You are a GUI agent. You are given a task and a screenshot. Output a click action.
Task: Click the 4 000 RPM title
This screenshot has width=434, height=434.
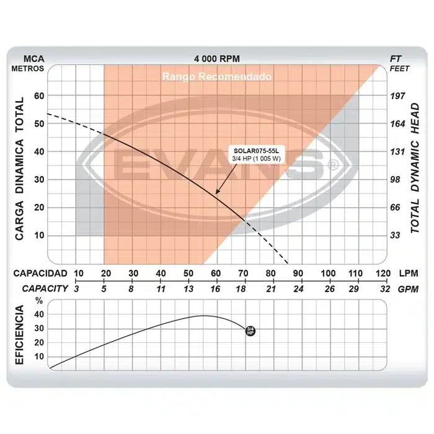(x=217, y=58)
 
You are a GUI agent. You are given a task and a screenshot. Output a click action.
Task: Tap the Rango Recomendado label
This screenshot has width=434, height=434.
(x=217, y=77)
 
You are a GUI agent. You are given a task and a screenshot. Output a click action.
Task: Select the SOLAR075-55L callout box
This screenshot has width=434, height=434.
(x=255, y=154)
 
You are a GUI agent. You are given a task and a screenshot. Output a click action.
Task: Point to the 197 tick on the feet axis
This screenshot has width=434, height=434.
(x=397, y=96)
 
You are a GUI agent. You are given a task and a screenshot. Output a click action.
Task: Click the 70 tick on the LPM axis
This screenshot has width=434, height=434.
(x=242, y=273)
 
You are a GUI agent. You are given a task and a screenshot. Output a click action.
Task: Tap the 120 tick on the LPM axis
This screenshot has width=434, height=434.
(x=382, y=273)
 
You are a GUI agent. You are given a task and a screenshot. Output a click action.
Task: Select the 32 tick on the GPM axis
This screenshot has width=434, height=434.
(x=384, y=288)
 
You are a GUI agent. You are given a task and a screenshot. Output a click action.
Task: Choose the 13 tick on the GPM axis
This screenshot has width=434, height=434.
(x=188, y=288)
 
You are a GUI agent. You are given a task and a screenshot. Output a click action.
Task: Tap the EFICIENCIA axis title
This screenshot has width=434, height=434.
(x=21, y=335)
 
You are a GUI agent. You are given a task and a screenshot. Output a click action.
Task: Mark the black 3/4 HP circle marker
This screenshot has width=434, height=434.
(x=250, y=330)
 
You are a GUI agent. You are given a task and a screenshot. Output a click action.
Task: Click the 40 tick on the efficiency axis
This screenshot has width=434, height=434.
(x=40, y=314)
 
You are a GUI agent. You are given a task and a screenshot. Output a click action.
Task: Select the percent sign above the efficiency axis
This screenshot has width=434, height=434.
(x=40, y=301)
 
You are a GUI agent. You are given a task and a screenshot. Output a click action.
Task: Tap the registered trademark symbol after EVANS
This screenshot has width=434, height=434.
(x=333, y=166)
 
